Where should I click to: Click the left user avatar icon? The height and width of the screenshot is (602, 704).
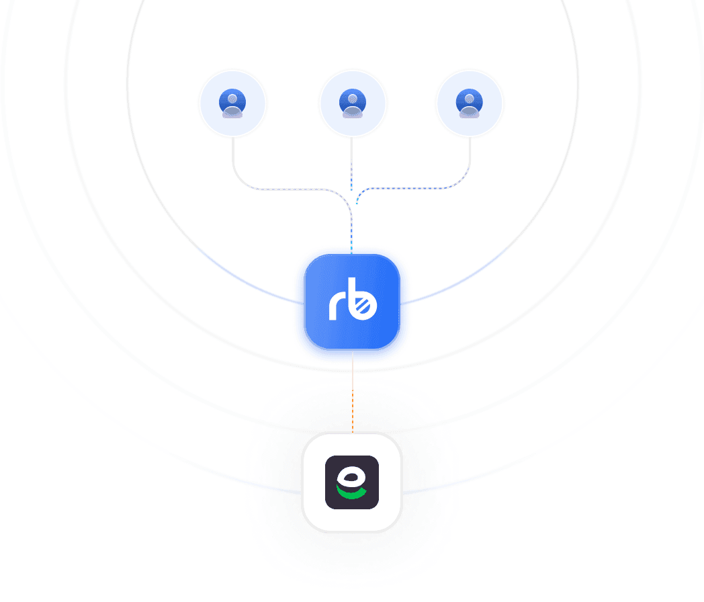[x=232, y=103]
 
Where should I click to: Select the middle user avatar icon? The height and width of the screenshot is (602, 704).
[x=353, y=103]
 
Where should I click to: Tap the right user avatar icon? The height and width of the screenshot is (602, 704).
[x=469, y=103]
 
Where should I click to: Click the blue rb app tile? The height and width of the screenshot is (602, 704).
[x=353, y=301]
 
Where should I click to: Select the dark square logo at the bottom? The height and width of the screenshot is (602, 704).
[x=352, y=482]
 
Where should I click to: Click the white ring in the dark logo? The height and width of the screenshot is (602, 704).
[x=351, y=478]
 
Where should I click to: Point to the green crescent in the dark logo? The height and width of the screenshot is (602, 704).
[x=351, y=493]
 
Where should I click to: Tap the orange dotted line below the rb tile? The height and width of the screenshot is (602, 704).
[x=353, y=411]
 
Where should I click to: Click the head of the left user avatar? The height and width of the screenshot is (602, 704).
[x=232, y=99]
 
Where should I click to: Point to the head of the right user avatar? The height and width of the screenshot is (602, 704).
[x=469, y=99]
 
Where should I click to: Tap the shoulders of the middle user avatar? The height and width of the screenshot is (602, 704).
[x=353, y=112]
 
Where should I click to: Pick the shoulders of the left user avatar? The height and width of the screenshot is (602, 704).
[x=232, y=112]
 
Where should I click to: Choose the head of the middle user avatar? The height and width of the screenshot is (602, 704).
[x=353, y=99]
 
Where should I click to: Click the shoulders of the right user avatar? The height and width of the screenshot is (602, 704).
[x=469, y=112]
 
